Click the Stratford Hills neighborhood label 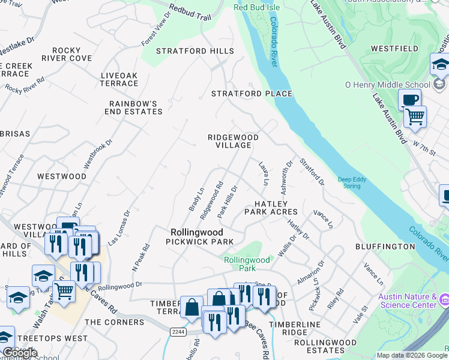(195, 52)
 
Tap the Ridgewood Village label (233, 142)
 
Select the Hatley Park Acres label (271, 208)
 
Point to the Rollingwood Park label (247, 263)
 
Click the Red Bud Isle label (256, 8)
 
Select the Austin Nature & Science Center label (407, 301)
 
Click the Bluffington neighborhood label (385, 247)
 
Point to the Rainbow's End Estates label (133, 107)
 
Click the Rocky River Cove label (72, 55)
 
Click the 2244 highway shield (178, 331)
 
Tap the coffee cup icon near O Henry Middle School (409, 100)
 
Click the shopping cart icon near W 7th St (414, 116)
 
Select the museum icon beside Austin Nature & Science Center (444, 299)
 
